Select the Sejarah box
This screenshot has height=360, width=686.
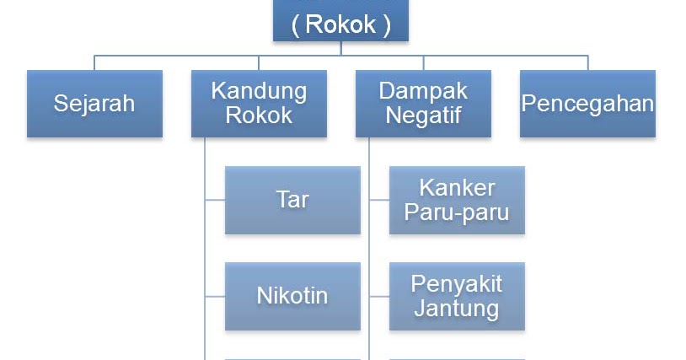pos(94,104)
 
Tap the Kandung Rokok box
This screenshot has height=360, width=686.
pos(259,104)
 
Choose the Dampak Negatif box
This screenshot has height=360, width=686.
pos(423,104)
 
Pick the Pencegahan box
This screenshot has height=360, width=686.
pos(587,104)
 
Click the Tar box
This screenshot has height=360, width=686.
pos(292,200)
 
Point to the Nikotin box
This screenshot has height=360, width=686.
pos(292,296)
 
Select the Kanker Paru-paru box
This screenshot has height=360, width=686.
pos(457,200)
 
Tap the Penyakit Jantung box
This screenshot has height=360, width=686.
pos(457,296)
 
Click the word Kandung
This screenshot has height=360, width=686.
pos(259,91)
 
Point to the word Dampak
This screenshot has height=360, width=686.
pos(423,91)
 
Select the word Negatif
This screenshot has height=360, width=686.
pos(423,116)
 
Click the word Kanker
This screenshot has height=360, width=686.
pos(457,187)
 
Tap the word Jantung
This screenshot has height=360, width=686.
pos(457,309)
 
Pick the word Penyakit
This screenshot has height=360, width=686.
pos(457,284)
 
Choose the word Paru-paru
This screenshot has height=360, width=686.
pos(457,212)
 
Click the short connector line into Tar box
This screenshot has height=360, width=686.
pos(215,200)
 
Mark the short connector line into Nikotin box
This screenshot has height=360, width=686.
pos(215,296)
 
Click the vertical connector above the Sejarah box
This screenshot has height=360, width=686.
pos(94,62)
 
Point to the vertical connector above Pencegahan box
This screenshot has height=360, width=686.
pos(587,62)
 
